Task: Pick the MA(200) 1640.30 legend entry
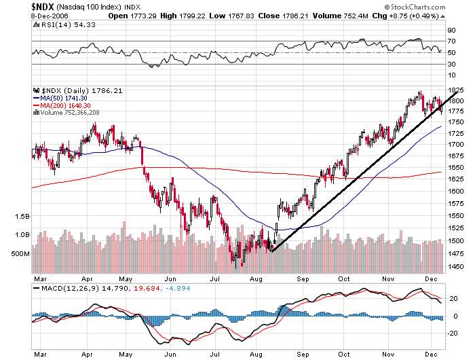[x=65, y=105]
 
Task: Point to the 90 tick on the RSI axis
[x=449, y=31]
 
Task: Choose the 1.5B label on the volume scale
[x=22, y=216]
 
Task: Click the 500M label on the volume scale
[x=20, y=253]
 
